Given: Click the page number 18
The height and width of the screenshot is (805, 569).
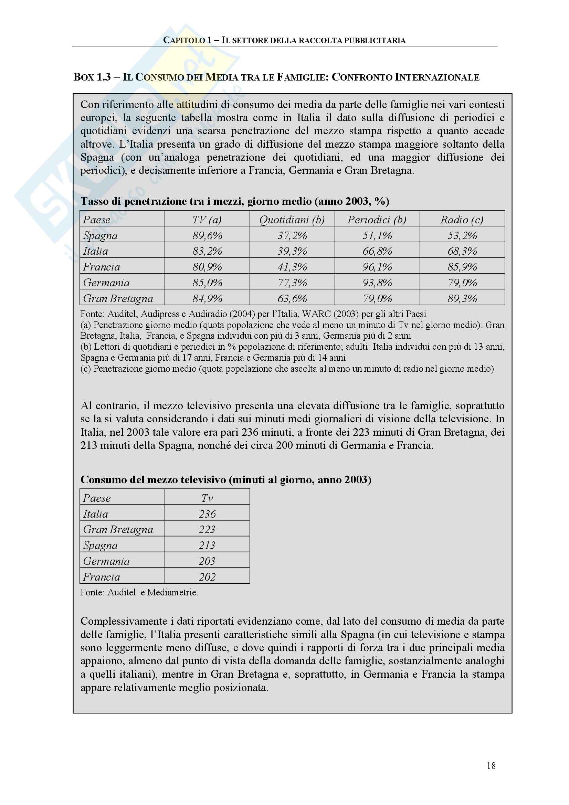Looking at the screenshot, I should click(x=491, y=766).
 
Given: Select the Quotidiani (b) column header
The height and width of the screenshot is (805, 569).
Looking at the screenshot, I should click(x=292, y=220).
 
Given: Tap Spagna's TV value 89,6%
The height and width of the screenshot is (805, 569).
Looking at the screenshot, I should click(x=207, y=235).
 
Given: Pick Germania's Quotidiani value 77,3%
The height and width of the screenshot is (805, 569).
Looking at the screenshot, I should click(x=292, y=283).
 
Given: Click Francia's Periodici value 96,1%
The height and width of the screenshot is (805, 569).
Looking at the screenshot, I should click(x=377, y=267).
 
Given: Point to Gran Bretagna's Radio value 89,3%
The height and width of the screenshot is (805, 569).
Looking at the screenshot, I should click(x=462, y=298).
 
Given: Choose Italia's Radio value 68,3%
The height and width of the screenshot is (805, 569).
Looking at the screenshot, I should click(x=462, y=251).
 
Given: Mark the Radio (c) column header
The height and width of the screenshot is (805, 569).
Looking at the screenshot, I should click(x=462, y=220).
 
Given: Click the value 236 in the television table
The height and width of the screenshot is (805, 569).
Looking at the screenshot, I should click(x=207, y=514).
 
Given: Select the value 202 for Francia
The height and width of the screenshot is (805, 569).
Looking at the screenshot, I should click(x=207, y=577).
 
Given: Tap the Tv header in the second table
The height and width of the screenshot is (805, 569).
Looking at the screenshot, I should click(x=207, y=498).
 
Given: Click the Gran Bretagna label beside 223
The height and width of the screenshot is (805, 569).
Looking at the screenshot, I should click(x=118, y=529).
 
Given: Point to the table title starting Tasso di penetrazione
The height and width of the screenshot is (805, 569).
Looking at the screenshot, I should click(x=234, y=201).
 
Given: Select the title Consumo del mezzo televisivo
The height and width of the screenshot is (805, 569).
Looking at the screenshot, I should click(x=225, y=480).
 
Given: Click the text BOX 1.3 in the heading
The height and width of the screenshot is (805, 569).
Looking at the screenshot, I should click(x=92, y=77).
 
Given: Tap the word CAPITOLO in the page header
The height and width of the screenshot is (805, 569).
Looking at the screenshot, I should click(x=184, y=40).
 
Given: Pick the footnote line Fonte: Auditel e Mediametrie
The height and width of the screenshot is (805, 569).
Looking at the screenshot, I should click(x=139, y=593).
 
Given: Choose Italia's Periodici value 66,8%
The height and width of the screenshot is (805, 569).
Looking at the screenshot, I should click(x=377, y=251).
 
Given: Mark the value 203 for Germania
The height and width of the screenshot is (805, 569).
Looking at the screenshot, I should click(x=207, y=561).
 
